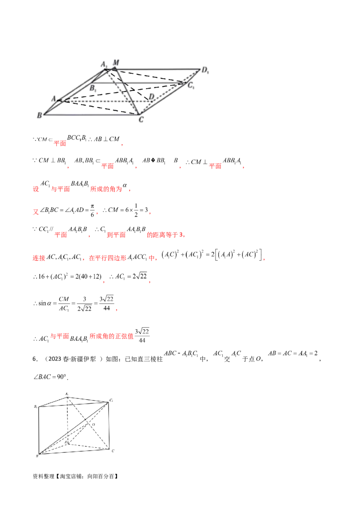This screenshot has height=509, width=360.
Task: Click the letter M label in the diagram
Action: click(117, 62)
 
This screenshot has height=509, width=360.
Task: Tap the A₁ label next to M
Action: click(104, 65)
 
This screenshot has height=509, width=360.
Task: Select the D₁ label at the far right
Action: click(206, 70)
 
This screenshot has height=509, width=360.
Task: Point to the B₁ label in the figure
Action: click(92, 88)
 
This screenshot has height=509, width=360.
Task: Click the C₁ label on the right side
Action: click(191, 85)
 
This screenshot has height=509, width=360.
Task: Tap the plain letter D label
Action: click(151, 96)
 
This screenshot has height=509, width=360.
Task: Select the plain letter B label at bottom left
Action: click(39, 116)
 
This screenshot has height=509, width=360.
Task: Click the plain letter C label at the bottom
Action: click(141, 120)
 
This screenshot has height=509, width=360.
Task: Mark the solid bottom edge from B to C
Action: click(90, 113)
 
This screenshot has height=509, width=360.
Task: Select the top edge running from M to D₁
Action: click(157, 68)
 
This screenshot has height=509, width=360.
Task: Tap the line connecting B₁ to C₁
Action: click(139, 83)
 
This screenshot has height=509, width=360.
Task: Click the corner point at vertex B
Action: click(44, 112)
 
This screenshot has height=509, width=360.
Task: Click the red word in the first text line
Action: click(60, 144)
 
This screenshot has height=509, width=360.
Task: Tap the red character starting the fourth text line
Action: click(34, 211)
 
